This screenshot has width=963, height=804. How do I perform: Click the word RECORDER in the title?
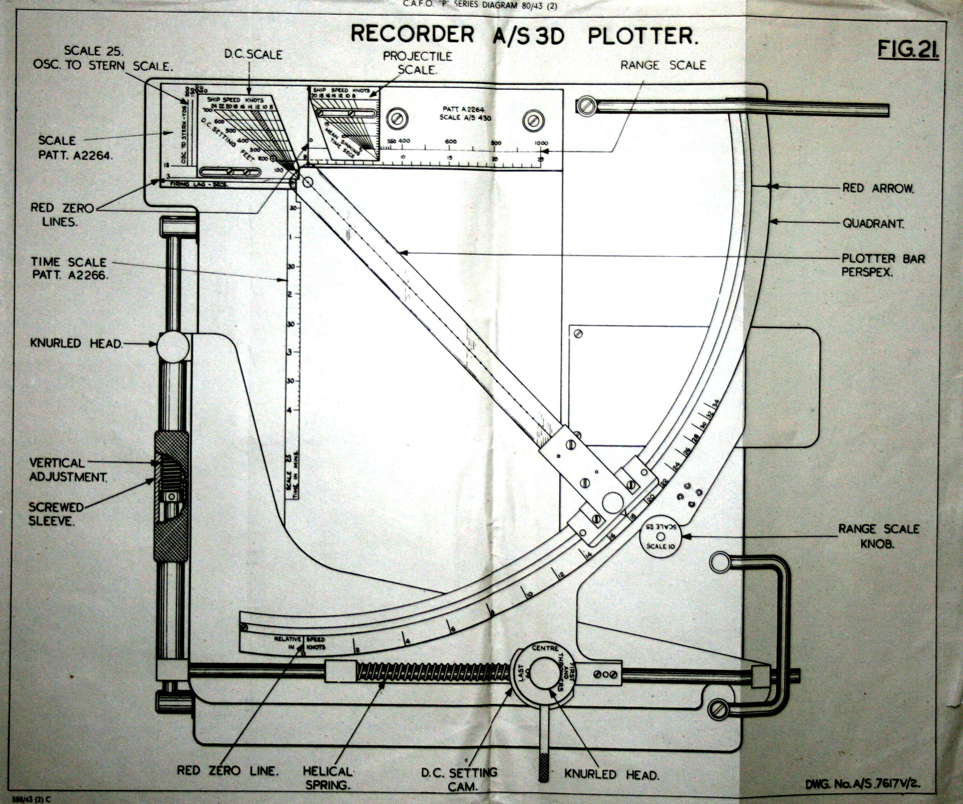click(x=412, y=34)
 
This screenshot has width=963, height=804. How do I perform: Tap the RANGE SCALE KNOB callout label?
click(x=878, y=536)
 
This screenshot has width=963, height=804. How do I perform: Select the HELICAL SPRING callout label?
click(x=328, y=778)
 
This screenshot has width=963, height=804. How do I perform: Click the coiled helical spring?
click(x=433, y=672)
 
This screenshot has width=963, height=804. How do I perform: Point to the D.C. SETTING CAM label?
click(x=459, y=779)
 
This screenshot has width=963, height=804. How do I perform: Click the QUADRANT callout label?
click(x=874, y=224)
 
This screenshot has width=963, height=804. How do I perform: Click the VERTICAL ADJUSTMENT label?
click(x=68, y=470)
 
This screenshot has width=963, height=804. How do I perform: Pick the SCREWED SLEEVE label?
click(x=56, y=514)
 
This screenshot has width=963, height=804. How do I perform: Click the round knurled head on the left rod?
click(x=173, y=347)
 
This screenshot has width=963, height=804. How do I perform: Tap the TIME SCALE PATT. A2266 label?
click(x=69, y=268)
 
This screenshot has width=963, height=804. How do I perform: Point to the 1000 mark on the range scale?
click(x=542, y=143)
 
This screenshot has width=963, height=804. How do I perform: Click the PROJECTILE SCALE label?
click(x=417, y=63)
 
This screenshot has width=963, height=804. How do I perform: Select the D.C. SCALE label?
click(x=253, y=55)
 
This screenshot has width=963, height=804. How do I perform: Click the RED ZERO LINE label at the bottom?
click(x=228, y=771)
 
